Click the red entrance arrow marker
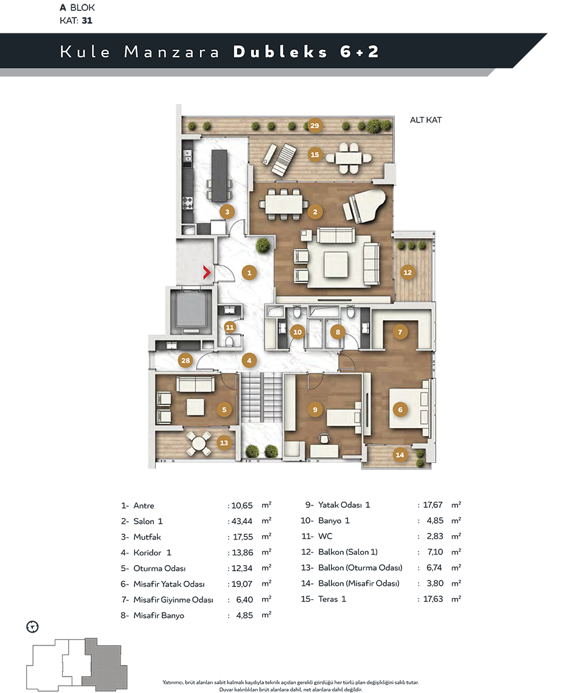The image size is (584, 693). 207,272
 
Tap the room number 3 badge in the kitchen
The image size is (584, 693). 228,212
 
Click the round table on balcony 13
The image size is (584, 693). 199,443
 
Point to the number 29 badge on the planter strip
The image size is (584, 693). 315,125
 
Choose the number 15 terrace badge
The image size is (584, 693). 315,155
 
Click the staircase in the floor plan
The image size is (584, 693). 262,397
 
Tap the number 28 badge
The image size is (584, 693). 186,361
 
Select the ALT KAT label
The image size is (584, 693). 426,120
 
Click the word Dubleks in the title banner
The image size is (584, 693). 280,52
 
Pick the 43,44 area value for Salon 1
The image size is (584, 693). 242,521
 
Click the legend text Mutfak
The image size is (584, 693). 147,537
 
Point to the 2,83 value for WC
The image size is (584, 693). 435,536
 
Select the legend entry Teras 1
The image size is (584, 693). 332,599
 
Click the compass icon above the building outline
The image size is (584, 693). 33,627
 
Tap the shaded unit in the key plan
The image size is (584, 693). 106,664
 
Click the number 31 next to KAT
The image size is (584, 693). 87,21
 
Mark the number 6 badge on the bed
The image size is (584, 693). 400,410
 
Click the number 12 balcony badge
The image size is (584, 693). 408,273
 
